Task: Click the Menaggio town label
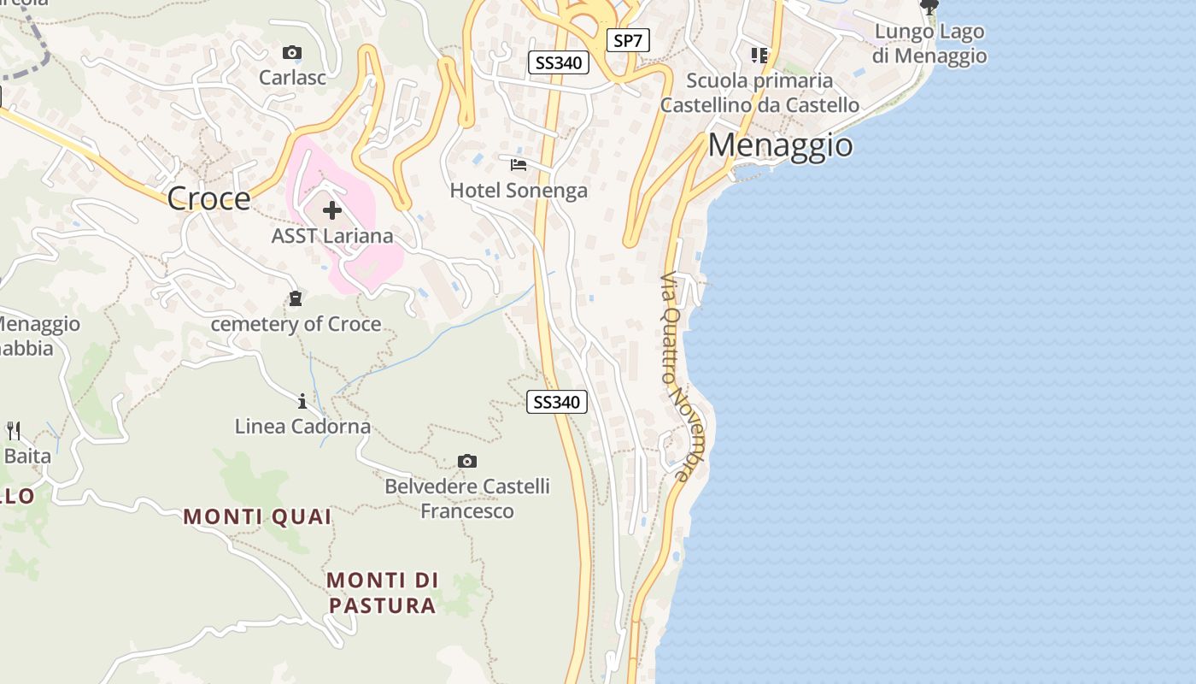[x=780, y=145]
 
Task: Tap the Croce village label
[x=208, y=198]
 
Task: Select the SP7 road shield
[x=628, y=40]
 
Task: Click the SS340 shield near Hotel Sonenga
[x=558, y=62]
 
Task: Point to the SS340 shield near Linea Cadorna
[x=557, y=402]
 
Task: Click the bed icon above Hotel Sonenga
[x=519, y=164]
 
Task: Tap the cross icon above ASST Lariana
[x=332, y=210]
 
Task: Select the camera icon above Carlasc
[x=292, y=53]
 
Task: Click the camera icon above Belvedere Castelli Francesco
[x=466, y=462]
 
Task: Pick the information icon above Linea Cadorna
[x=302, y=400]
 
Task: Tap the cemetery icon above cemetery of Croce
[x=296, y=298]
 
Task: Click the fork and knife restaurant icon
[x=14, y=430]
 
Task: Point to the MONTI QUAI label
[x=257, y=516]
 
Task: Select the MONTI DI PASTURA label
[x=383, y=593]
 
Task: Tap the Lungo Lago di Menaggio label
[x=930, y=44]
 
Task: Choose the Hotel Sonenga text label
[x=519, y=190]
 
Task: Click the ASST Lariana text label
[x=332, y=236]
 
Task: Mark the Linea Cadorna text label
[x=302, y=426]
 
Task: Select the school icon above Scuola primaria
[x=759, y=56]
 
